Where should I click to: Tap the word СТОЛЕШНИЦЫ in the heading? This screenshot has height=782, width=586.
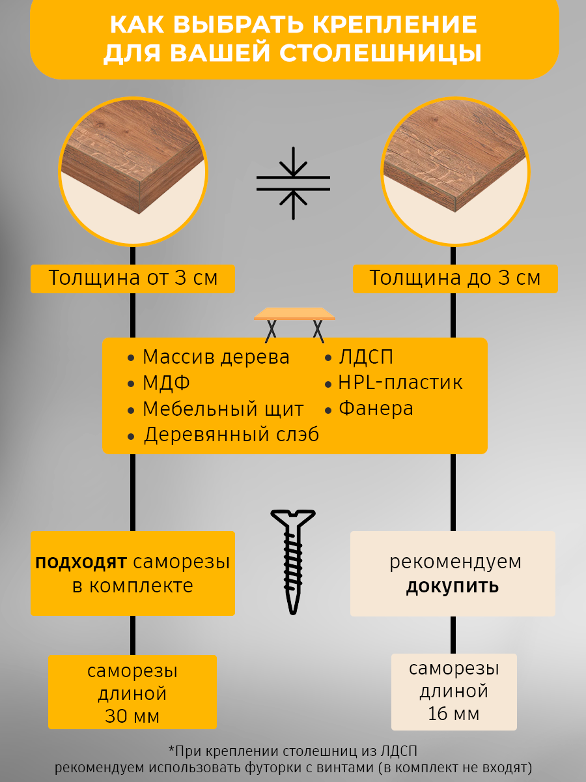[381, 54]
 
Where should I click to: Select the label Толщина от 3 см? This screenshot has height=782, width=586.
[133, 278]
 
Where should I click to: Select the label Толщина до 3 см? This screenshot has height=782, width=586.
[455, 278]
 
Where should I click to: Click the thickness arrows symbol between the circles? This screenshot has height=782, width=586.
[293, 183]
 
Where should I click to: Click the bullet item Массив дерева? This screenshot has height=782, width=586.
[216, 357]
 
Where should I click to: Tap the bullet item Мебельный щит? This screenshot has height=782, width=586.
[223, 409]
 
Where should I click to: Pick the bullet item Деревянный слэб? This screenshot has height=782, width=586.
[231, 435]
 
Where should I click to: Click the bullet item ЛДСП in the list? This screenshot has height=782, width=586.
[366, 357]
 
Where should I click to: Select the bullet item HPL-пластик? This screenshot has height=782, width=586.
[400, 383]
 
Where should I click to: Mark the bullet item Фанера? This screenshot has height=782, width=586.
[376, 409]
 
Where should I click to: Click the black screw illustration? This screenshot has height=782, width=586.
[293, 560]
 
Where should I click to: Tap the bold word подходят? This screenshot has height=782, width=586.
[81, 562]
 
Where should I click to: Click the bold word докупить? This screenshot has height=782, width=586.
[453, 586]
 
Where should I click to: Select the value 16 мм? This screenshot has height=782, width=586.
[454, 714]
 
